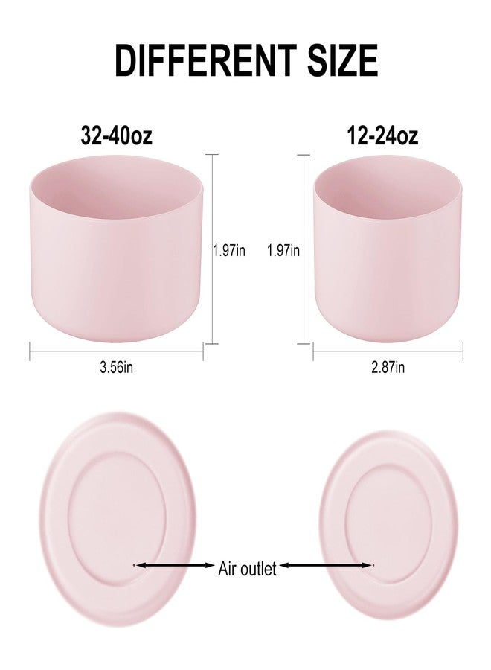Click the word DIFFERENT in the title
pos(206,60)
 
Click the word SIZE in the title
pos(343,60)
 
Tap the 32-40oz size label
pos(116,135)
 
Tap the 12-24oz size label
pos(382,135)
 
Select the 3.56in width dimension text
pos(116,367)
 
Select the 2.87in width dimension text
pos(388,367)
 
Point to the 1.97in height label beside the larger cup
pos(230,250)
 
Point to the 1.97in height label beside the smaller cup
pos(283,250)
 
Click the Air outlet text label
pos(247,569)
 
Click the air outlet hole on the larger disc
pos(134,565)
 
